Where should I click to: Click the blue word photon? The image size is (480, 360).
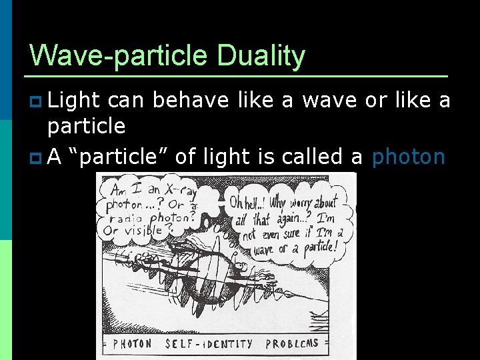(408, 157)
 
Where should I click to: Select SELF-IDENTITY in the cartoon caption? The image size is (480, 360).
(209, 344)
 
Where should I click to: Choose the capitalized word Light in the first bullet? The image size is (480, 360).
(74, 100)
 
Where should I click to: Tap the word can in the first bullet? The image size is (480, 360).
(126, 100)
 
